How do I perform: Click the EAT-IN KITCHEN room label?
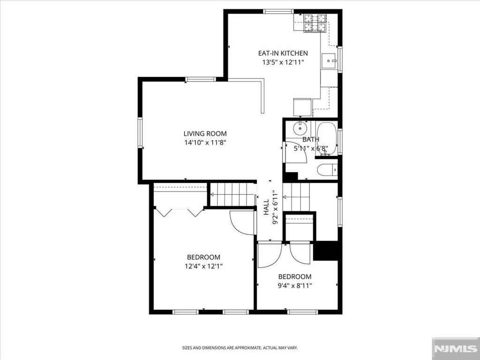click(283, 53)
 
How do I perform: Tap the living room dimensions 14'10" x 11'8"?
click(205, 142)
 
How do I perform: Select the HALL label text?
click(266, 207)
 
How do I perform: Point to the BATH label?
click(311, 140)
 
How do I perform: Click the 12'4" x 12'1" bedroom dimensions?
click(203, 266)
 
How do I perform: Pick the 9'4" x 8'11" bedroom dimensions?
click(295, 286)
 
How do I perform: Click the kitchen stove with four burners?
click(315, 22)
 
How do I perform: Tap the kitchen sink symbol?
click(329, 61)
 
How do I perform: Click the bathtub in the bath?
click(326, 138)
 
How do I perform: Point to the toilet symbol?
click(327, 170)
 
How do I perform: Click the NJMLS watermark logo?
click(456, 348)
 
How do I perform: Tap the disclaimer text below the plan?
click(240, 348)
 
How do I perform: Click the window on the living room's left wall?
click(140, 133)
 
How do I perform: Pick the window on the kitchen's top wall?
click(278, 12)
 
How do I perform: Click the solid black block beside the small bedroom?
click(326, 251)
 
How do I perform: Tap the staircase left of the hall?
click(232, 195)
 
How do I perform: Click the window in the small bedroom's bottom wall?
click(303, 312)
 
